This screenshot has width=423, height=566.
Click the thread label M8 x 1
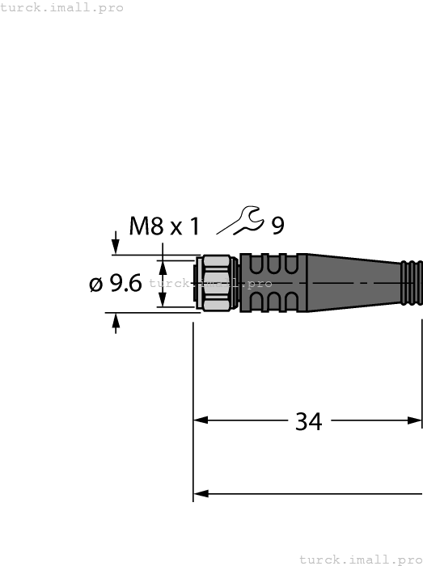pos(164,226)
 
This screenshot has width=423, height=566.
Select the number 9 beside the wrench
pos(277,226)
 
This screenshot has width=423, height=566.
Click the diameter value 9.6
pos(125,283)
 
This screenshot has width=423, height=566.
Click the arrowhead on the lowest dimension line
pos(202,493)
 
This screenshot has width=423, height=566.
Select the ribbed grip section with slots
pos(270,283)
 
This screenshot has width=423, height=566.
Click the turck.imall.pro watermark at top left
pos(62,7)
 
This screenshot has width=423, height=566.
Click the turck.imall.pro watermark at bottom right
pos(360,559)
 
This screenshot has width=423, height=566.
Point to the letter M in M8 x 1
pos(139,226)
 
